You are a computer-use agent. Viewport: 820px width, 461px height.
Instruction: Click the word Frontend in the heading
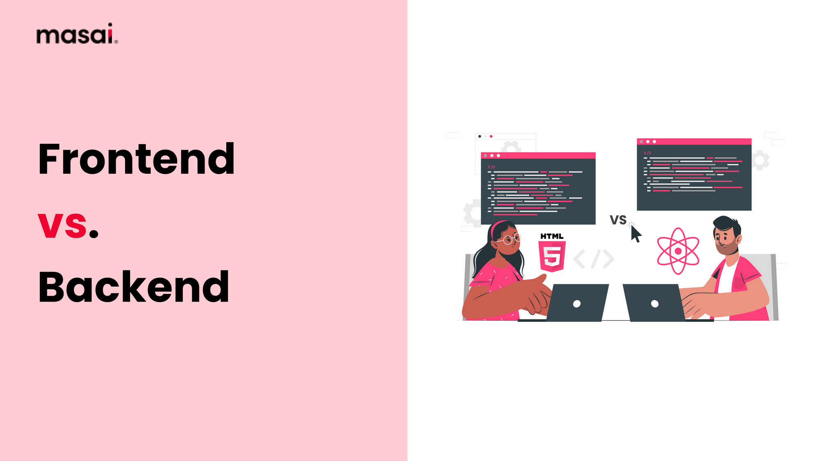[x=137, y=159]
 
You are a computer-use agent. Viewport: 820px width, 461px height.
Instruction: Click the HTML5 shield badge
[x=552, y=257]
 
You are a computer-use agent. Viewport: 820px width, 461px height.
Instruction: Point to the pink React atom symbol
[x=678, y=251]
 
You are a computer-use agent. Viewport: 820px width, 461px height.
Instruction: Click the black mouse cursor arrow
[x=635, y=234]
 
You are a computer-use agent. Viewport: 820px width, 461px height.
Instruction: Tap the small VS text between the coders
[x=618, y=220]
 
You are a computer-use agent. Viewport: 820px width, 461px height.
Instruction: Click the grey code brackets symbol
[x=594, y=259]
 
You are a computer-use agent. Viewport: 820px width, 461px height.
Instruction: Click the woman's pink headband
[x=496, y=227]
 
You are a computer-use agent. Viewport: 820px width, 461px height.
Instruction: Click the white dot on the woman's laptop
[x=576, y=304]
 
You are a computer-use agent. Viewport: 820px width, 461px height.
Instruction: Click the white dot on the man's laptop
[x=655, y=304]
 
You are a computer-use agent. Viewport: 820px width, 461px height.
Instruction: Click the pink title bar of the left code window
[x=538, y=156]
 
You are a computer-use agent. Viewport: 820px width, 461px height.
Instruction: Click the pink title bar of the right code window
[x=694, y=141]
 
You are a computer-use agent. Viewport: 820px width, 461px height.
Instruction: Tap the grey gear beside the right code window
[x=761, y=160]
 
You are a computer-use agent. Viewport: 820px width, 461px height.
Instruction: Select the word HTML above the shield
[x=552, y=236]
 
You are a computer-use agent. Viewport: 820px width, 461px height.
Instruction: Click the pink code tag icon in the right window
[x=647, y=153]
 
